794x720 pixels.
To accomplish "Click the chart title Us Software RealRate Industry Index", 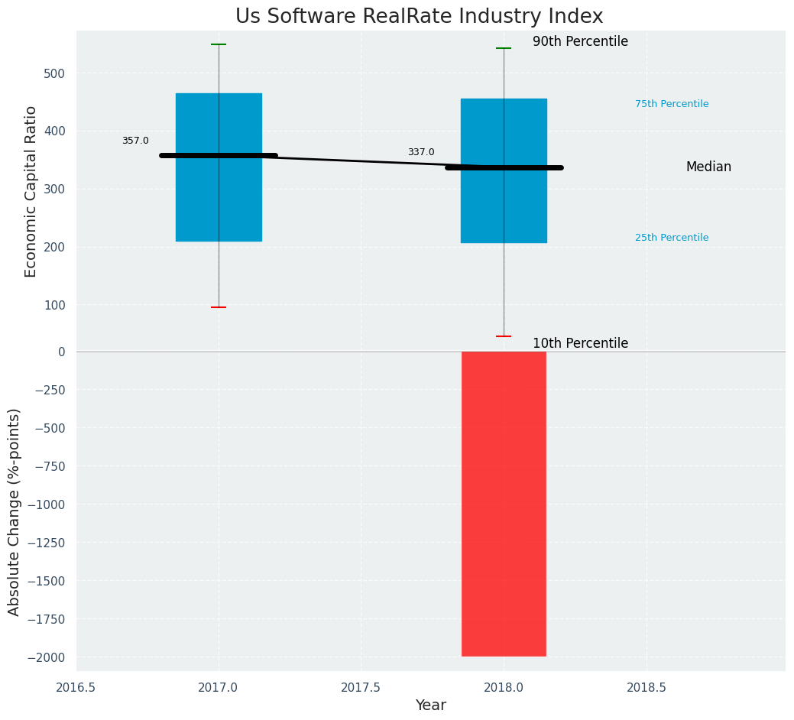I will click(419, 17).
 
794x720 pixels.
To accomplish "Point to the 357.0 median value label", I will click(135, 141).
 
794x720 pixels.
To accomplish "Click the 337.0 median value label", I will click(421, 152).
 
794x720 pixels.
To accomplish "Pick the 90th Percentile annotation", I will click(580, 41).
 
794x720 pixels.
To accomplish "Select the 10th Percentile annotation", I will click(580, 343).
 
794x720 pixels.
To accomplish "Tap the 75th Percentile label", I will click(672, 104).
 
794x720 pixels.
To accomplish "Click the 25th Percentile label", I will click(672, 238).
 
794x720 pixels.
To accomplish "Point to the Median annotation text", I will click(708, 167).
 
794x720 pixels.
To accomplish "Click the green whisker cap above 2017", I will click(219, 44).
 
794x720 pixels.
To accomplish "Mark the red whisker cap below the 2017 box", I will click(219, 307).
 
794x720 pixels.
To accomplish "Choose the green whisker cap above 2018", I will click(504, 48).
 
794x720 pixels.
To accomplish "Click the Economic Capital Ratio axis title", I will click(31, 191).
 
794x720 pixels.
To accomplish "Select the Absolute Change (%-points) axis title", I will click(15, 511).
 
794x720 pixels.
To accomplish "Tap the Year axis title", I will click(430, 705).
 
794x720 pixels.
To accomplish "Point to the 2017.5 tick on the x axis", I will click(361, 687).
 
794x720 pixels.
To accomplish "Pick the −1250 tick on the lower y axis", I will click(50, 543).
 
